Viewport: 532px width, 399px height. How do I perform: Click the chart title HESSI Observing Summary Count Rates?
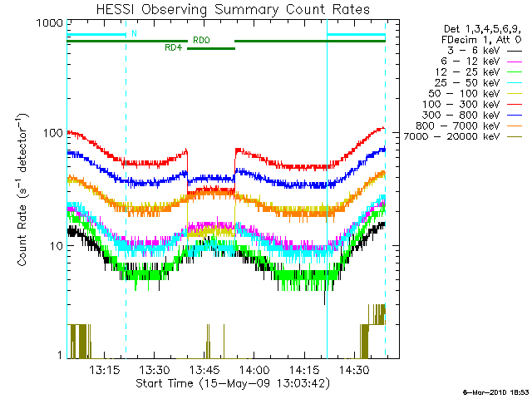tap(226, 9)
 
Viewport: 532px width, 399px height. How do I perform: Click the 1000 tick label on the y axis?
tap(48, 24)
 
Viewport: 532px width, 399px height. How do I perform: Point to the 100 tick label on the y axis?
tap(52, 133)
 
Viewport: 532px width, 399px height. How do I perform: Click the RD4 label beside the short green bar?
tap(174, 48)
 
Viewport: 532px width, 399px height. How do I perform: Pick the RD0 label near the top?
tap(201, 39)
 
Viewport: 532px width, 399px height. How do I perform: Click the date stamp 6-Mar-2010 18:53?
tap(495, 392)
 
